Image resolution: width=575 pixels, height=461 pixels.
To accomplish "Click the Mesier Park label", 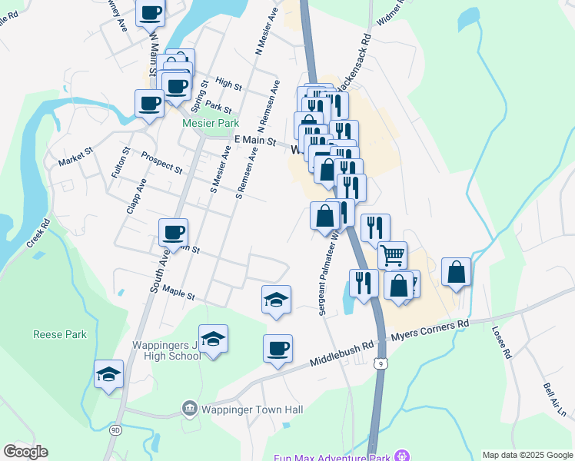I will coord(210,123).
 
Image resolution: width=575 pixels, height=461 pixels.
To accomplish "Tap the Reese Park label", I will coord(59,334).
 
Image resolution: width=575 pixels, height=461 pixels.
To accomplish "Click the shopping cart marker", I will coord(392,255).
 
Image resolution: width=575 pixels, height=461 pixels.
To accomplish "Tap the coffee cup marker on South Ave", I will coord(173,231).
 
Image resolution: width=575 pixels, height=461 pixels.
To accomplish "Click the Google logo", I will coord(25,452).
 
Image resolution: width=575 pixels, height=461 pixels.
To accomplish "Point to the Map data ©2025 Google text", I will coord(527,455).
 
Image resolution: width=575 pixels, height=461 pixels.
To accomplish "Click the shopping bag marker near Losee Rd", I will coord(457,272).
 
